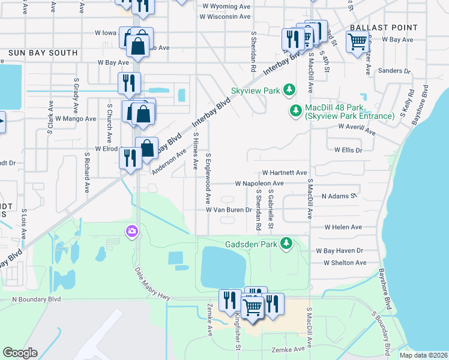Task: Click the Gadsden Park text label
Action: coord(250,244)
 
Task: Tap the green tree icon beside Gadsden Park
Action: coord(288,243)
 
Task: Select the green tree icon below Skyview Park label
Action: coord(289,90)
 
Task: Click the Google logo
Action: coord(20,353)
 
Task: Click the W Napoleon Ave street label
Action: coord(259,183)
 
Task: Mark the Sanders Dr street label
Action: coord(394,71)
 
